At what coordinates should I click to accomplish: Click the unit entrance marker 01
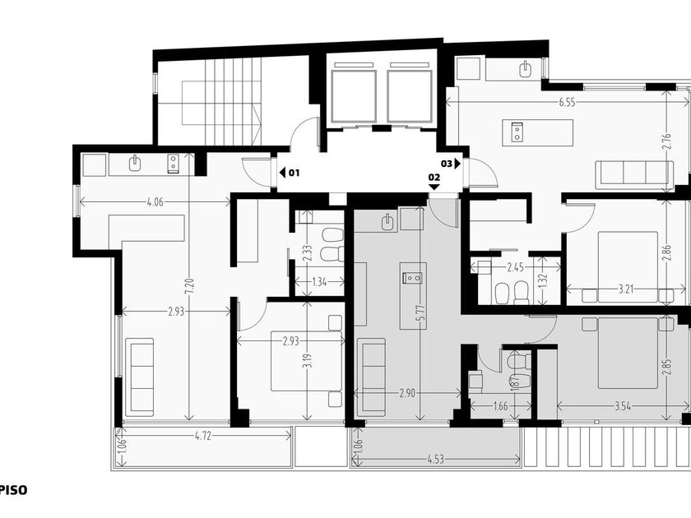tap(290, 173)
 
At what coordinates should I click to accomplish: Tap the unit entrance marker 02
tap(434, 181)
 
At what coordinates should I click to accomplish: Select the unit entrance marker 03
tap(451, 164)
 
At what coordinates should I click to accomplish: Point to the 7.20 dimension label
tap(190, 287)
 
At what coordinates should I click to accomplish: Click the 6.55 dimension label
tap(567, 103)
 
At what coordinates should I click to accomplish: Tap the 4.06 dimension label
tap(155, 202)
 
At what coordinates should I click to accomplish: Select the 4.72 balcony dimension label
tap(202, 436)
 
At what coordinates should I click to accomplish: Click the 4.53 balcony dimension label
tap(435, 460)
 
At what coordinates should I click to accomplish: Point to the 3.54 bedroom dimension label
tap(623, 406)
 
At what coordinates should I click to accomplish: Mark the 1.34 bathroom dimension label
tap(319, 281)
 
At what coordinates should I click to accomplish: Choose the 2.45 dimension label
tap(515, 267)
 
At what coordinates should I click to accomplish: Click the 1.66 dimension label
tap(501, 406)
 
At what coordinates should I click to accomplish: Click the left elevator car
tap(354, 96)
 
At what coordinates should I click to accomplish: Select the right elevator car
tap(410, 96)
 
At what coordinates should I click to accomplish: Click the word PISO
tap(14, 490)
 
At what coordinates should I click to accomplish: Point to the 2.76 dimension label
tap(667, 141)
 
